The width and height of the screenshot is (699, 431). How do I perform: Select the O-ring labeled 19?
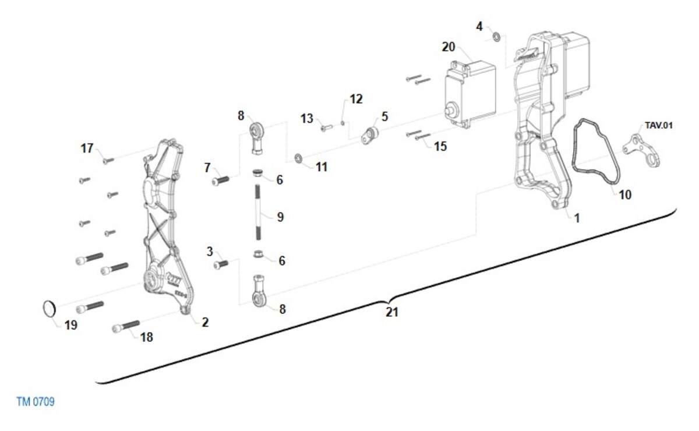pyautogui.click(x=50, y=309)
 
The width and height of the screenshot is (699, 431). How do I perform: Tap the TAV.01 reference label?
pyautogui.click(x=658, y=125)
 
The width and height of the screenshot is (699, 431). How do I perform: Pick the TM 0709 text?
pyautogui.click(x=36, y=401)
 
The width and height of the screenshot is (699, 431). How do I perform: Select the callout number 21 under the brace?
pyautogui.click(x=392, y=312)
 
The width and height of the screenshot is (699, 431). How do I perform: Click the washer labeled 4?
pyautogui.click(x=496, y=37)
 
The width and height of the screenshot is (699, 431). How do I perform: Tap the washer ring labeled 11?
pyautogui.click(x=298, y=158)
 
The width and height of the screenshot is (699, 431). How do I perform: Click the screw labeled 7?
pyautogui.click(x=220, y=181)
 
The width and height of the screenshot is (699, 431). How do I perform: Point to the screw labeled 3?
pyautogui.click(x=221, y=264)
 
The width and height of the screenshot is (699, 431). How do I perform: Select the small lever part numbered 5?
pyautogui.click(x=369, y=136)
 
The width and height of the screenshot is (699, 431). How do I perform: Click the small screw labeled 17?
pyautogui.click(x=108, y=160)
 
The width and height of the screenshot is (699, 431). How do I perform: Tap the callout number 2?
pyautogui.click(x=205, y=322)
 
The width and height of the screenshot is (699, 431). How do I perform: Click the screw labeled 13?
pyautogui.click(x=326, y=126)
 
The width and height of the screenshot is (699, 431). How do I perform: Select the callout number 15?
pyautogui.click(x=440, y=146)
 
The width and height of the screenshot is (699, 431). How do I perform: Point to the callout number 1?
pyautogui.click(x=577, y=218)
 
